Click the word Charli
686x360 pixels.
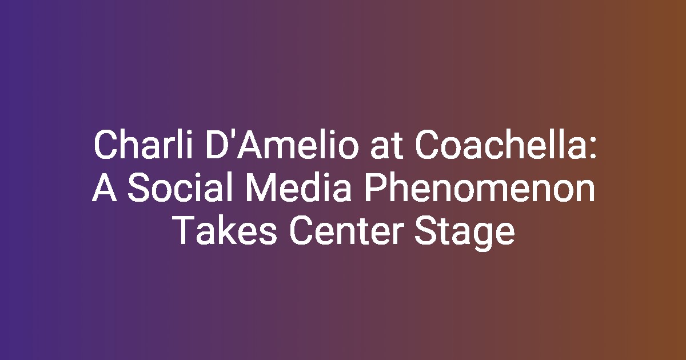click(x=143, y=144)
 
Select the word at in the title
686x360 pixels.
click(x=386, y=146)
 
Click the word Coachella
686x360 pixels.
click(x=499, y=144)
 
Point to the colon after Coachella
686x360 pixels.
click(x=593, y=148)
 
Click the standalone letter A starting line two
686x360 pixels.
click(x=105, y=187)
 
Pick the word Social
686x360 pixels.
click(x=179, y=187)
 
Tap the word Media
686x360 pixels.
click(x=298, y=187)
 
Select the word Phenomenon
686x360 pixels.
click(x=480, y=187)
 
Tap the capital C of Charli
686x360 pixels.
click(x=106, y=145)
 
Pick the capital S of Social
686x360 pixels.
click(x=139, y=187)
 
